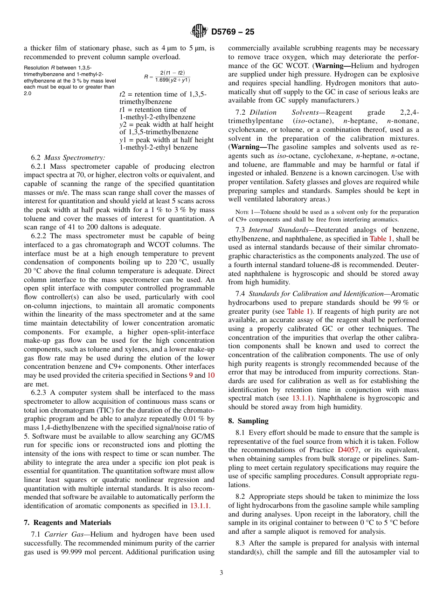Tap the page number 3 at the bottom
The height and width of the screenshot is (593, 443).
[x=221, y=573]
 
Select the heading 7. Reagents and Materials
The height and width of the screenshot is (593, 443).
[x=67, y=523]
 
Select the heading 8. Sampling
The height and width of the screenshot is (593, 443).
[x=248, y=421]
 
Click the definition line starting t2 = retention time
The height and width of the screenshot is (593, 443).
[x=163, y=95]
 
